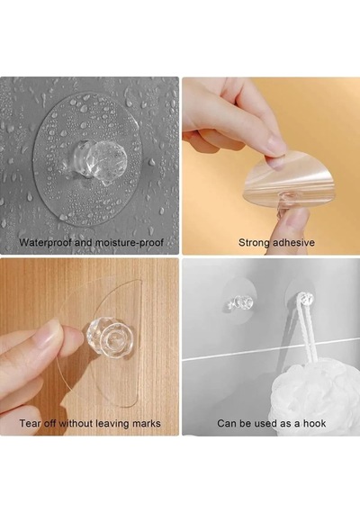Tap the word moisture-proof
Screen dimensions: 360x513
coord(130,243)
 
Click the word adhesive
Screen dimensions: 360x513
coord(293,242)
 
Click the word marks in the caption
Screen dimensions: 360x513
coord(147,423)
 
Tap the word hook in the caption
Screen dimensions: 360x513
coord(314,423)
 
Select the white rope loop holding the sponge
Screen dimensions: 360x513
coord(305,330)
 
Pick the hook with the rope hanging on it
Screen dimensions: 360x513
coord(304,299)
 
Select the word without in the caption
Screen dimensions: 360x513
coord(76,423)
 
